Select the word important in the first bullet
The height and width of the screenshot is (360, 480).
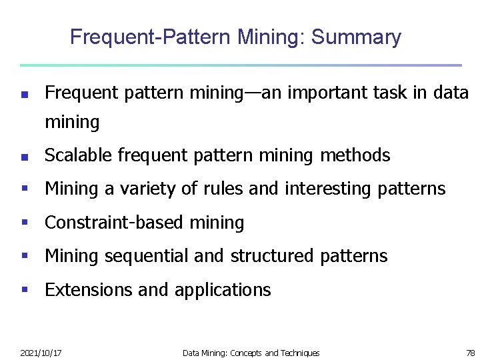click(317, 93)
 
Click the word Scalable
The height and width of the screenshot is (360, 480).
click(79, 155)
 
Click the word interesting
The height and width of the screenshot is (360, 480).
click(320, 189)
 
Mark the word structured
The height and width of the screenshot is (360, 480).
click(272, 256)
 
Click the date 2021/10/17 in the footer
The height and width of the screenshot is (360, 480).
click(41, 353)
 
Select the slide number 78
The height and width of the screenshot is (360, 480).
click(471, 353)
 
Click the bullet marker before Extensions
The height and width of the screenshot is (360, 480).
click(24, 290)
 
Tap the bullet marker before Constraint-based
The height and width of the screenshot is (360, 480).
click(24, 223)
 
